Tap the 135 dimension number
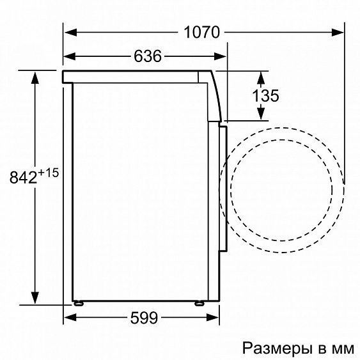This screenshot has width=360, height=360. pos(265,96)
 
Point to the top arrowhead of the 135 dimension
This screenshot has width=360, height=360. pos(260,77)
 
